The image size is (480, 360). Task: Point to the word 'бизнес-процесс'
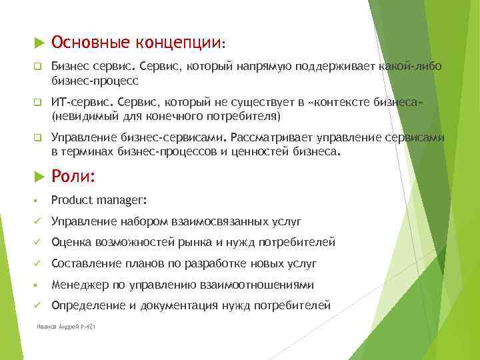(x=95, y=80)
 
